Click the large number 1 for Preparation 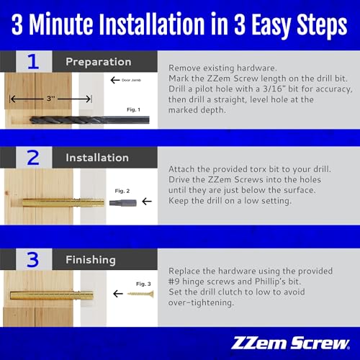32,61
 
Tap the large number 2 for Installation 32,158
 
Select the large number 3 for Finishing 32,259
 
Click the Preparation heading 98,62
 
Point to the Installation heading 97,158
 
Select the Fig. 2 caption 122,191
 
